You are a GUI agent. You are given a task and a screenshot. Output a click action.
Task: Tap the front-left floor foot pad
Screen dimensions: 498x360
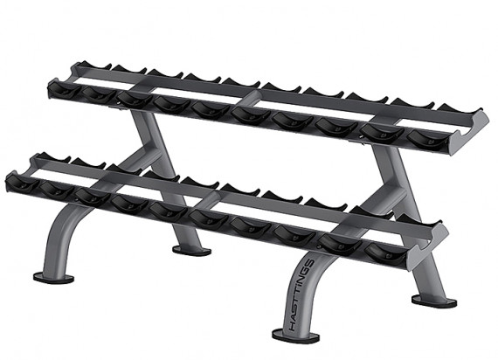tap(53, 278)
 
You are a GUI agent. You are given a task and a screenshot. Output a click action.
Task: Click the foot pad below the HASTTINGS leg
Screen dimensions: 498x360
tap(295, 336)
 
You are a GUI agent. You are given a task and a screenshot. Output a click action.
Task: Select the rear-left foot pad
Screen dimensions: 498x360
tap(191, 250)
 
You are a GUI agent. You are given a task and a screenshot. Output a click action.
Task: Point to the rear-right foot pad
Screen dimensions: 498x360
tap(434, 301)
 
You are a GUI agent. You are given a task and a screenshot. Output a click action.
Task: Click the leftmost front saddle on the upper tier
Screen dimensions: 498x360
tap(65, 91)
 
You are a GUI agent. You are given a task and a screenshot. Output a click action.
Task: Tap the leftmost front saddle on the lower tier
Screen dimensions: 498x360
tap(22, 183)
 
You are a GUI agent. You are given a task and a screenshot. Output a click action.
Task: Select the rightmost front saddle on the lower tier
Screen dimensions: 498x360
tap(386, 253)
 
